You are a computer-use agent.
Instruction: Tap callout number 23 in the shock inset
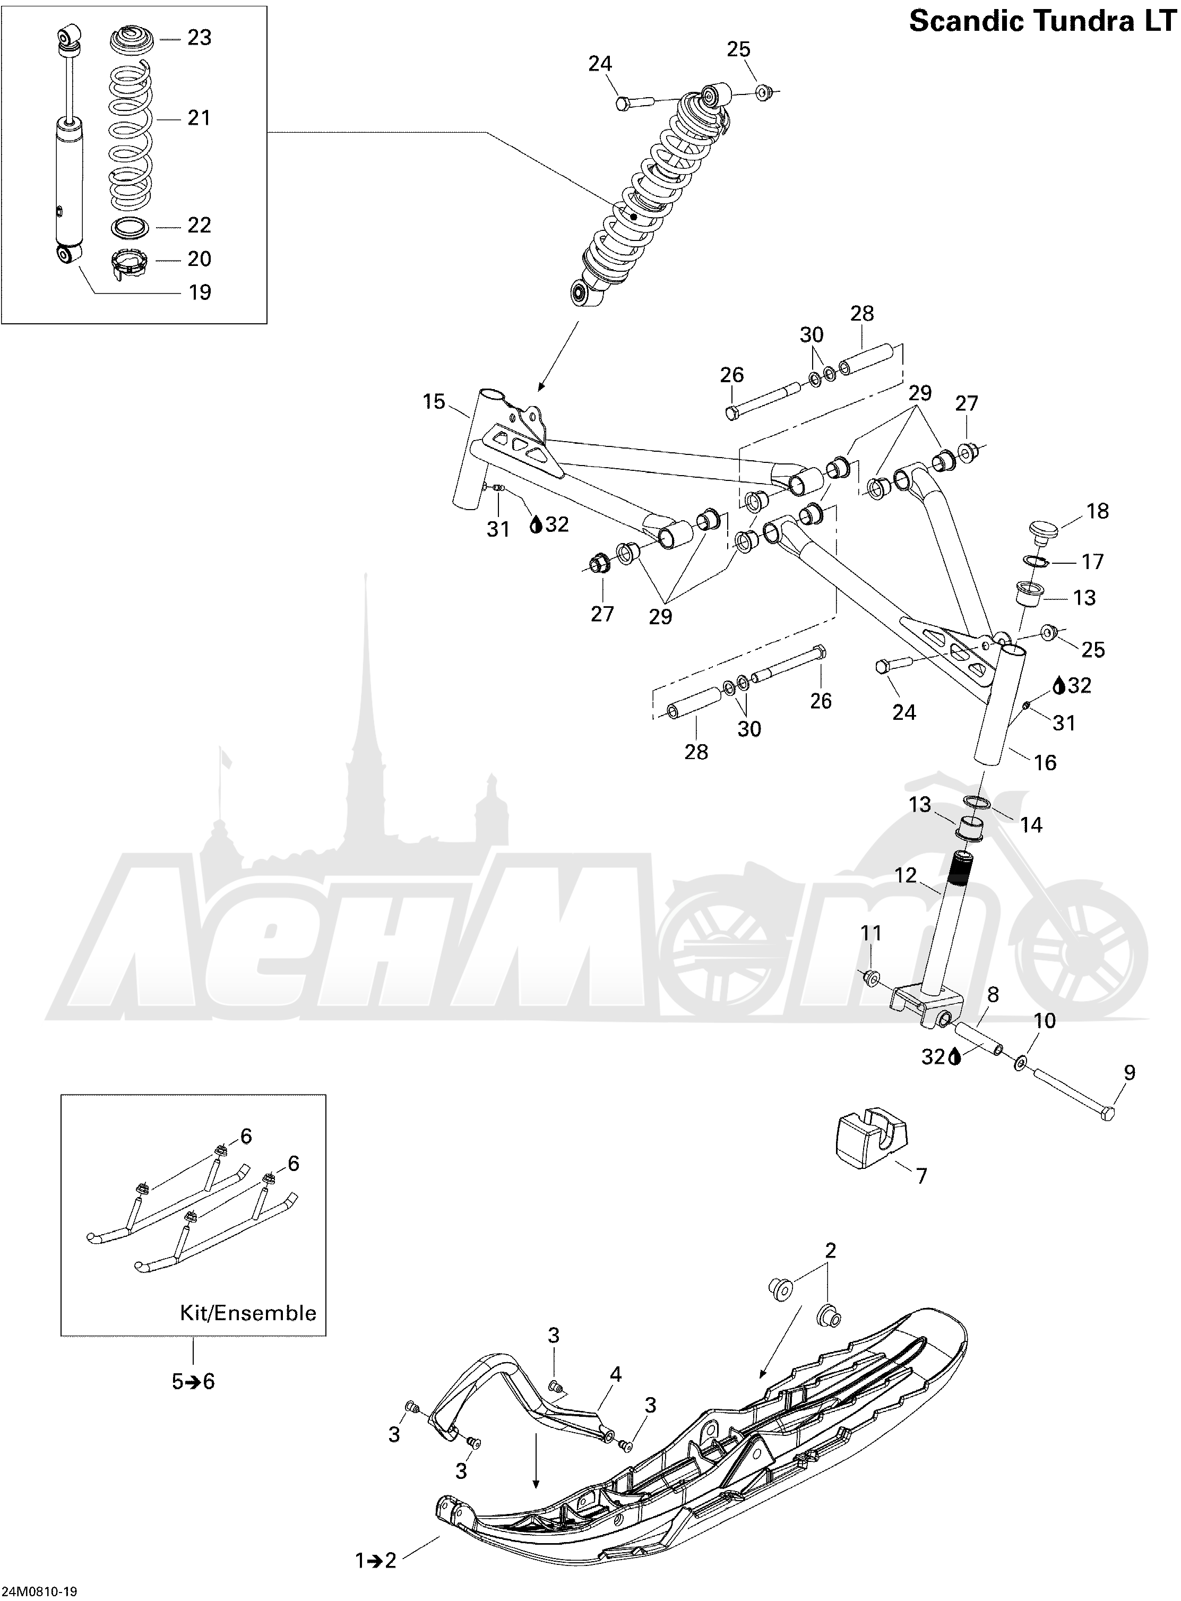point(200,37)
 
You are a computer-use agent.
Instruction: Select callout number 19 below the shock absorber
point(200,292)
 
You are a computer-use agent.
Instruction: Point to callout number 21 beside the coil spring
point(199,118)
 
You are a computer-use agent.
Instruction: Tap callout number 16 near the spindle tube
point(1045,763)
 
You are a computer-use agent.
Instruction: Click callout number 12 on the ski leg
point(905,875)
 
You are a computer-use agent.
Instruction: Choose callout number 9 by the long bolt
point(1129,1073)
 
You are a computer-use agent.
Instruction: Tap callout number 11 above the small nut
point(870,933)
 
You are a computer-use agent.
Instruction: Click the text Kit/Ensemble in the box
point(248,1313)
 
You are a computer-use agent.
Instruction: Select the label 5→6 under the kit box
point(193,1382)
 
